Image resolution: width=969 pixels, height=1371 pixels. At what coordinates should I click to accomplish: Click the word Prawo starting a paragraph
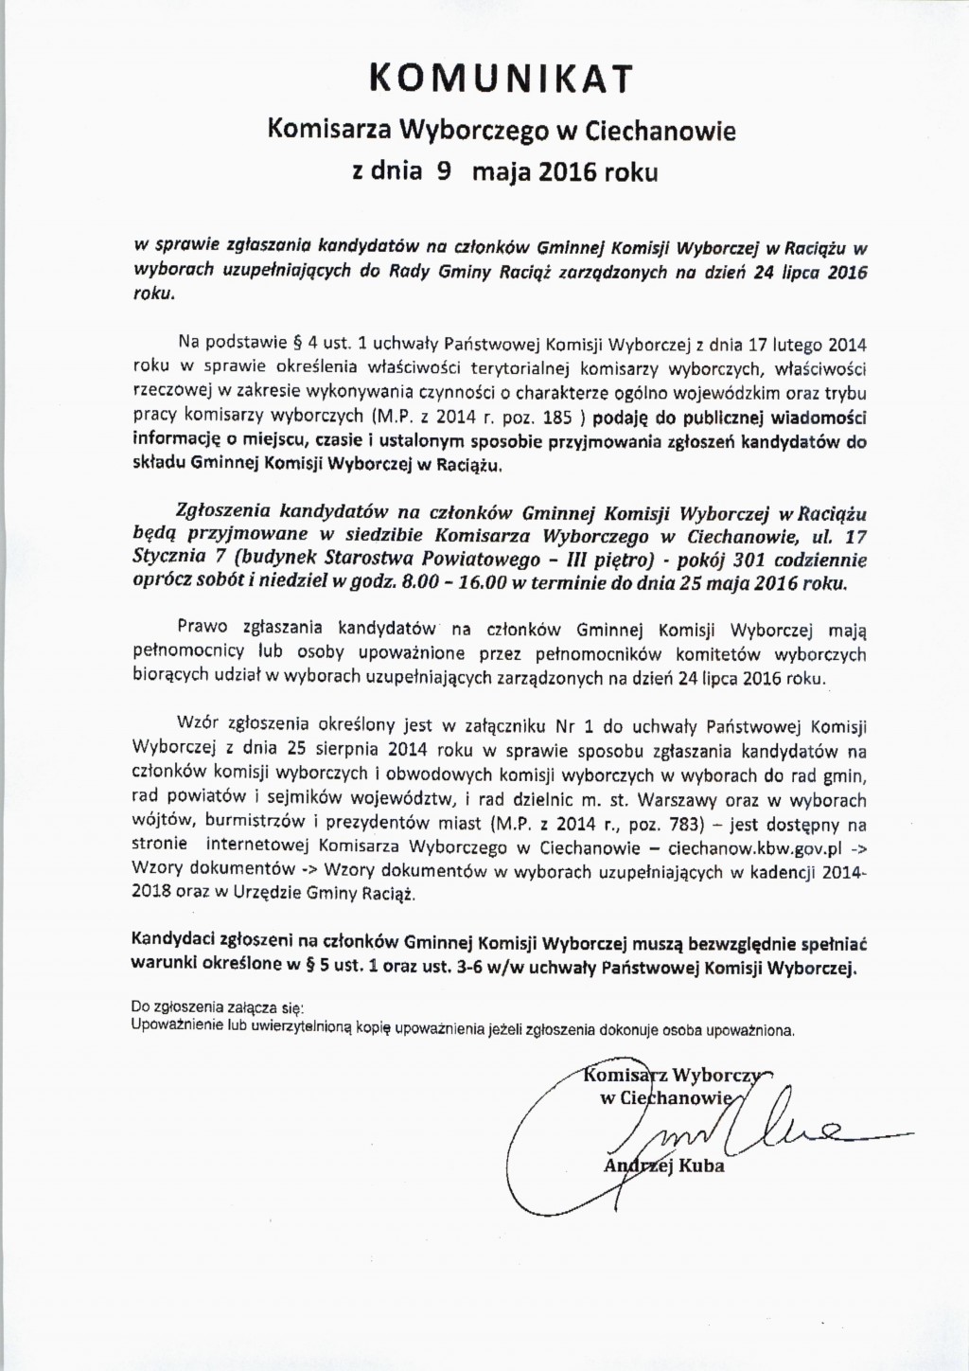pyautogui.click(x=200, y=628)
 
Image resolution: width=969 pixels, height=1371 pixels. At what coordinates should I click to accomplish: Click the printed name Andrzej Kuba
pyautogui.click(x=663, y=1166)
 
